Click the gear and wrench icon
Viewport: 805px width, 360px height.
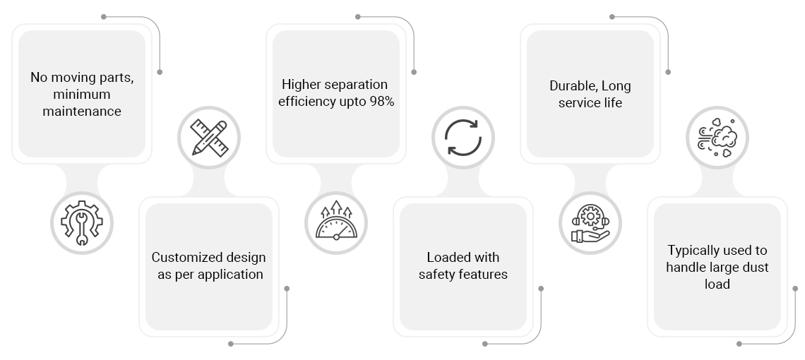tap(82, 223)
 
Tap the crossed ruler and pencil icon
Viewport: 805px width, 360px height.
tap(209, 138)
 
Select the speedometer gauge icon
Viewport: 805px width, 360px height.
tap(336, 220)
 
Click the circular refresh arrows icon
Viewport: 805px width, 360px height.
tap(463, 138)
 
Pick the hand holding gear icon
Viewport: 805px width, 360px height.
tap(590, 223)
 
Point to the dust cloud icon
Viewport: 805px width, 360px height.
tap(717, 138)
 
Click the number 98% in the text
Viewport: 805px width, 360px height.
tap(382, 102)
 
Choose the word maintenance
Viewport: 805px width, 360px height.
tap(82, 112)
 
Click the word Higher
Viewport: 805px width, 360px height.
tap(299, 85)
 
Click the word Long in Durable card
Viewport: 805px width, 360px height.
tap(616, 86)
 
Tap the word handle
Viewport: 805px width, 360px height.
tap(684, 268)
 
